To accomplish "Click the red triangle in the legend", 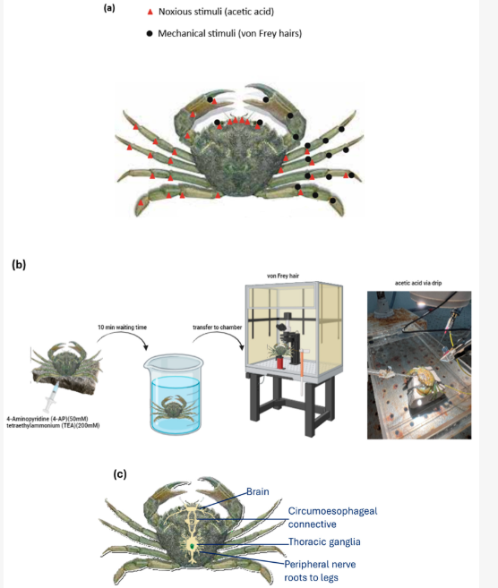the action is tap(150, 12).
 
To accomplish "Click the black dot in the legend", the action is tap(150, 34).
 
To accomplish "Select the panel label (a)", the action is tap(109, 8).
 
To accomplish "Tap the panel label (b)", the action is tap(19, 264).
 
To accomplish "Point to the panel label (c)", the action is tap(120, 474).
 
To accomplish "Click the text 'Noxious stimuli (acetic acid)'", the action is tap(216, 12).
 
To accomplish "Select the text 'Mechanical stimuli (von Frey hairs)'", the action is tap(229, 33).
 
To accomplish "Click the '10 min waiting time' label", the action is tap(123, 327).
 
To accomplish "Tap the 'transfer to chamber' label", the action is tap(218, 327).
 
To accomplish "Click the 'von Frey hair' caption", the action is tap(283, 276).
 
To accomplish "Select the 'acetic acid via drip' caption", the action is tap(418, 283).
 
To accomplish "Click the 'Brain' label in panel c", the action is tap(258, 491).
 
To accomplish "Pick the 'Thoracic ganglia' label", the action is tap(324, 541).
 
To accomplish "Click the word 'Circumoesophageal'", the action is tap(332, 511).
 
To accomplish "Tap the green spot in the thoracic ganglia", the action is tap(193, 546).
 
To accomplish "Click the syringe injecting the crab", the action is tap(51, 397).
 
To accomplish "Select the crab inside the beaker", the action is tap(174, 408).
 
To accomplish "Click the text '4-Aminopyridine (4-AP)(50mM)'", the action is tap(47, 419).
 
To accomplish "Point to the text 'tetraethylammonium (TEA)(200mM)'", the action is tap(53, 426).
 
